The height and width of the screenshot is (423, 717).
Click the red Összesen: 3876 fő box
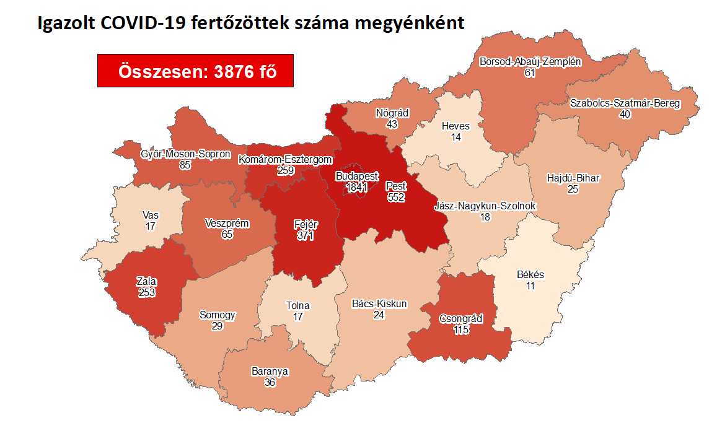[195, 71]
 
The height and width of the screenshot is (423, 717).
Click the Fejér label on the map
[305, 225]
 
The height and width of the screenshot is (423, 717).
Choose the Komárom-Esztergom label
[285, 160]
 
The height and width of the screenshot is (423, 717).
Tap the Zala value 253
[146, 294]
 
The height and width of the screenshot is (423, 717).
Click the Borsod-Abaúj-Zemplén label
[530, 62]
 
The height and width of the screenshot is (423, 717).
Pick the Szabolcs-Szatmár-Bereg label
[625, 103]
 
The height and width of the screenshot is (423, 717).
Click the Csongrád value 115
[460, 330]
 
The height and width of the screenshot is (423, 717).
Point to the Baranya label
[270, 372]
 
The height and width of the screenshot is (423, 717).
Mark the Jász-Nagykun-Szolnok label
[485, 206]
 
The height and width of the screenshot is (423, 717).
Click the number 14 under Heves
[456, 137]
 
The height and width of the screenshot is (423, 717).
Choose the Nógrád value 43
[392, 124]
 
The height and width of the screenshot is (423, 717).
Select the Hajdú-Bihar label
[573, 178]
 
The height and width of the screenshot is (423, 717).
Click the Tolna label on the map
[297, 305]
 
